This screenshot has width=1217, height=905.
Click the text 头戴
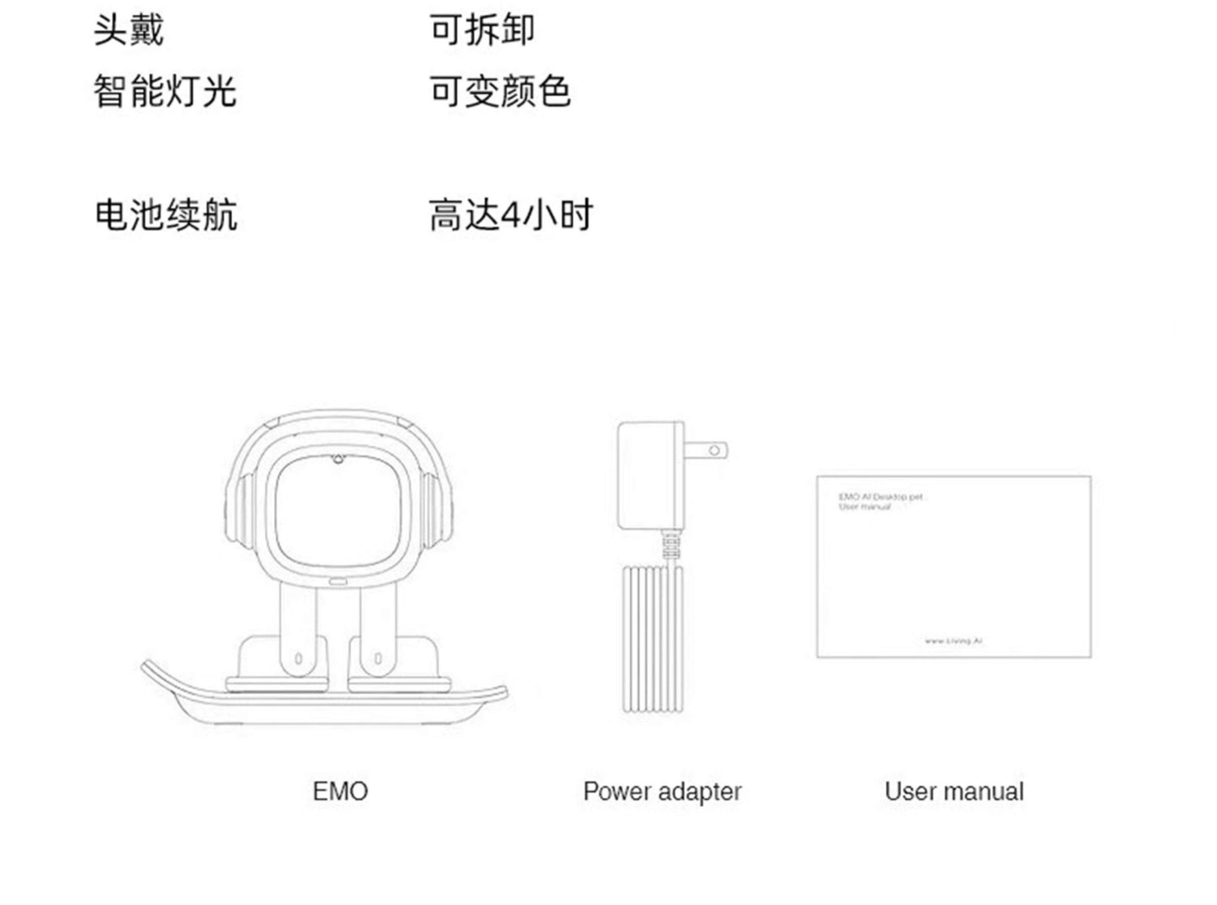(129, 29)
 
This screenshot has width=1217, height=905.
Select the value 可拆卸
(481, 29)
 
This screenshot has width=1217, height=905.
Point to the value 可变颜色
(500, 91)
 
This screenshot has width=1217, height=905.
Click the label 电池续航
(166, 215)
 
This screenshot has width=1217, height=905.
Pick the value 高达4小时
(510, 215)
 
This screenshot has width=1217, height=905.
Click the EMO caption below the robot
(340, 792)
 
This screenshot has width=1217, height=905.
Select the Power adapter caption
(661, 792)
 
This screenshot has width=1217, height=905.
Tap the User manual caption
(953, 792)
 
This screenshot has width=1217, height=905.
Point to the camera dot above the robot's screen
(338, 458)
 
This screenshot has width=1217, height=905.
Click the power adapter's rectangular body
(650, 475)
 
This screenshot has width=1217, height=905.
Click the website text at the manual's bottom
(953, 640)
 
